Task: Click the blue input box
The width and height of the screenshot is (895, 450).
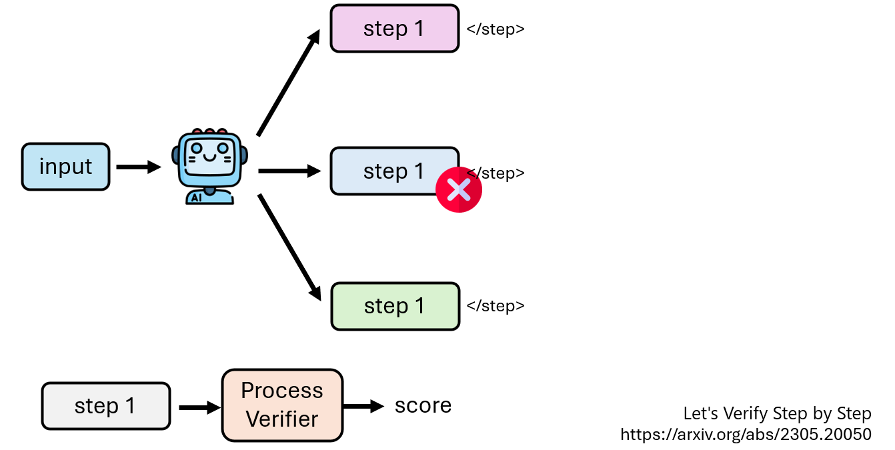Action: tap(65, 167)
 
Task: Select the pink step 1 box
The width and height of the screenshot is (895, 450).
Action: tap(394, 29)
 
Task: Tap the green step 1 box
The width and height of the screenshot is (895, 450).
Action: tap(395, 306)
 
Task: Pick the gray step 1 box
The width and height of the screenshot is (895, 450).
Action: tap(105, 405)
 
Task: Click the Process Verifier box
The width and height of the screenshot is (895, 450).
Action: tap(282, 405)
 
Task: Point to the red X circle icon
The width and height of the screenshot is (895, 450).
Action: tap(459, 190)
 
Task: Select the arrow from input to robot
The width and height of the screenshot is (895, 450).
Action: tap(138, 167)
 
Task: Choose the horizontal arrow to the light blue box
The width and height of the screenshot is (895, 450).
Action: tap(289, 171)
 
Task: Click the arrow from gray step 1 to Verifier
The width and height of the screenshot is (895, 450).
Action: tap(198, 407)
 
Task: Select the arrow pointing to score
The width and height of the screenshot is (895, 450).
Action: tap(363, 405)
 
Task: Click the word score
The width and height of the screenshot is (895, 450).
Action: tap(423, 405)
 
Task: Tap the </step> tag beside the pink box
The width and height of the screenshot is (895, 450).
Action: tap(496, 29)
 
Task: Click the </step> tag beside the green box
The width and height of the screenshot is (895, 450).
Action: tap(496, 306)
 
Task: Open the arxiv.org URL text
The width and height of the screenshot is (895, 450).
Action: tap(746, 435)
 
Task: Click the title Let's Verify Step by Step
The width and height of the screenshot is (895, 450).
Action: tap(777, 413)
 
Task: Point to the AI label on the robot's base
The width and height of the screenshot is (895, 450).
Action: tap(196, 198)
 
